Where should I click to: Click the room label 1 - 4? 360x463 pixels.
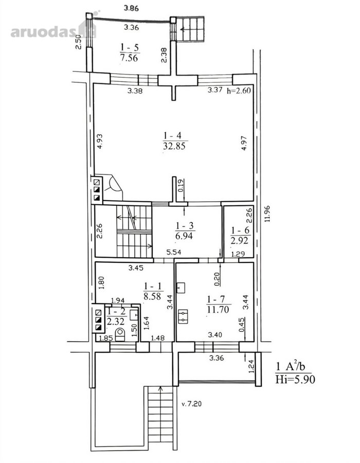[173, 135]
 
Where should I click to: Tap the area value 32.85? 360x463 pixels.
[174, 146]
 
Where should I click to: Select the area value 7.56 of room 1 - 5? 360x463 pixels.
[129, 58]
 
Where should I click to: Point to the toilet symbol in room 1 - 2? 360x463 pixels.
[120, 335]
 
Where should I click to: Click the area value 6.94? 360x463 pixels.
[184, 236]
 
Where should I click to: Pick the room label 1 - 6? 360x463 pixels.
[240, 230]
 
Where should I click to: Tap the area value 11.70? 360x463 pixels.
[218, 310]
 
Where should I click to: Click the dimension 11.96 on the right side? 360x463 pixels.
[267, 213]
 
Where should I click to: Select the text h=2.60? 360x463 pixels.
[239, 90]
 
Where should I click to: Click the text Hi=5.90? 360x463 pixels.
[295, 379]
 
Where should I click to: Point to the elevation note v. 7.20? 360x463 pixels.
[191, 404]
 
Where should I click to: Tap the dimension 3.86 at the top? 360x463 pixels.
[131, 8]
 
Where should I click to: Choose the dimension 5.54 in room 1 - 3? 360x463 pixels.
[174, 252]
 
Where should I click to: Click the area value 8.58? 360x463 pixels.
[152, 296]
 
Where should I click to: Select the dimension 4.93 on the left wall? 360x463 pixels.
[100, 141]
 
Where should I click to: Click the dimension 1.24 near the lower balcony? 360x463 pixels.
[251, 366]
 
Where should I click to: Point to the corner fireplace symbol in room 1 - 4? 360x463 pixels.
[113, 187]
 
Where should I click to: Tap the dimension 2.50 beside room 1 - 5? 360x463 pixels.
[78, 42]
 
